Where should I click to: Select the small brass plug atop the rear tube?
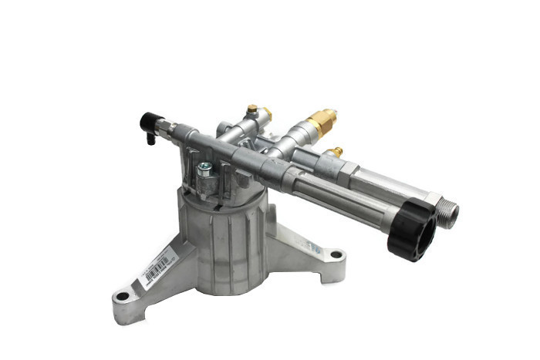[x=252, y=109]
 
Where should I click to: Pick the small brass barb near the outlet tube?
[x=334, y=152]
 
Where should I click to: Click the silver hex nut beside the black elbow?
[x=167, y=125]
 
